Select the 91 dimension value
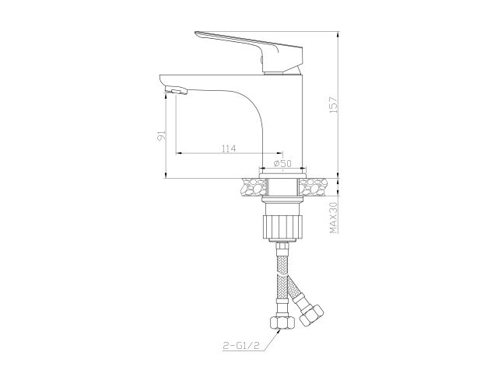(160, 137)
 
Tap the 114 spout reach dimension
(229, 148)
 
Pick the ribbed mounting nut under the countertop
(282, 226)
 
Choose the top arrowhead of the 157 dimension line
(339, 35)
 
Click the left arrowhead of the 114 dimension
(180, 153)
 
